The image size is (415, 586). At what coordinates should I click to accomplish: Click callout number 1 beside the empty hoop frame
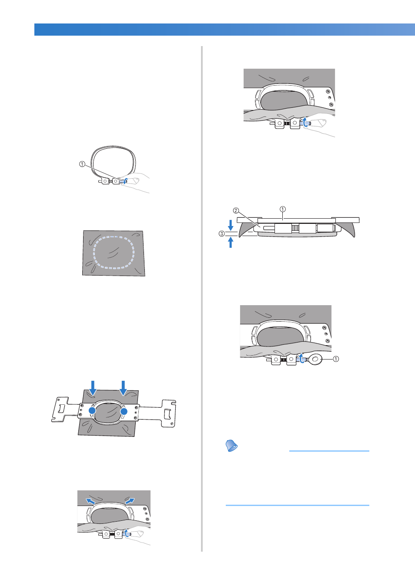pyautogui.click(x=82, y=164)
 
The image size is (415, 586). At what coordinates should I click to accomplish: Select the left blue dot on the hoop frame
pyautogui.click(x=92, y=411)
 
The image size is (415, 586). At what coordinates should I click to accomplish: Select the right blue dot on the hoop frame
pyautogui.click(x=124, y=412)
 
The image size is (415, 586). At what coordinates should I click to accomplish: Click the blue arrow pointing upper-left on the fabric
pyautogui.click(x=90, y=501)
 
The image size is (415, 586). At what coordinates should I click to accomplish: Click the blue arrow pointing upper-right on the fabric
pyautogui.click(x=130, y=501)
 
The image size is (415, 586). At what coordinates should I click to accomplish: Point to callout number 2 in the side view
pyautogui.click(x=236, y=210)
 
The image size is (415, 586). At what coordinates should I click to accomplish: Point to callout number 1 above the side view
pyautogui.click(x=282, y=209)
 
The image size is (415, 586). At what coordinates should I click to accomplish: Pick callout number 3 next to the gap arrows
pyautogui.click(x=222, y=233)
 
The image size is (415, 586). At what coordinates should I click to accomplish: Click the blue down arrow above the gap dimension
pyautogui.click(x=231, y=225)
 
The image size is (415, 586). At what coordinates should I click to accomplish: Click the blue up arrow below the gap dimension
pyautogui.click(x=231, y=242)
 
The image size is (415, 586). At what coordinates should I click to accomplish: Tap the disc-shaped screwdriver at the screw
pyautogui.click(x=316, y=360)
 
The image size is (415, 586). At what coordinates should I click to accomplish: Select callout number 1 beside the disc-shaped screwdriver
pyautogui.click(x=336, y=359)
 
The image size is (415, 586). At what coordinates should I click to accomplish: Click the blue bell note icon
pyautogui.click(x=231, y=446)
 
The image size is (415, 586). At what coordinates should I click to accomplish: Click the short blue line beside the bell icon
pyautogui.click(x=329, y=451)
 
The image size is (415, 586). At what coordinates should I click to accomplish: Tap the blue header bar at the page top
pyautogui.click(x=224, y=30)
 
